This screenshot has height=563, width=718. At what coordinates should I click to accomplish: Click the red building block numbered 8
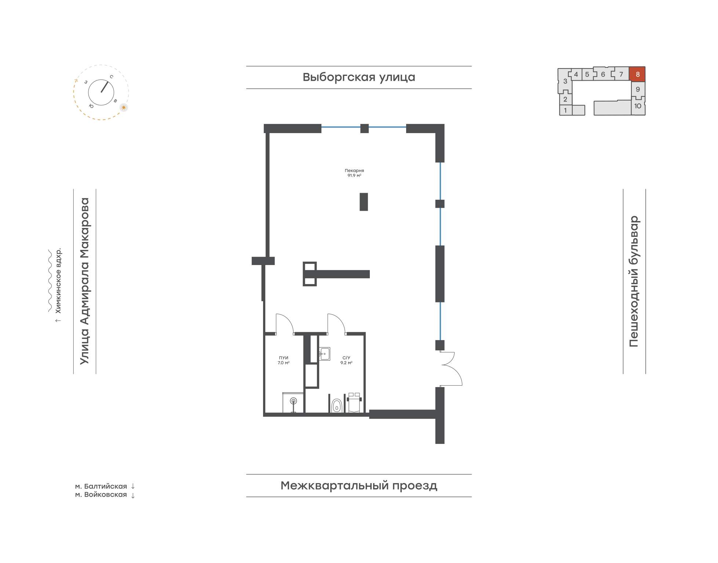click(x=637, y=74)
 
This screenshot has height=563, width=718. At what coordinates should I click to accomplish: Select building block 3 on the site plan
click(x=565, y=81)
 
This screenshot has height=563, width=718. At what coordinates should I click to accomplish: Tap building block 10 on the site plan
click(x=638, y=106)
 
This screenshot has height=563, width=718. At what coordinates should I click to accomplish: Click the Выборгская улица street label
click(x=359, y=77)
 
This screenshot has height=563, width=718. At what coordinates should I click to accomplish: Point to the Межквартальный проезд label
click(x=359, y=486)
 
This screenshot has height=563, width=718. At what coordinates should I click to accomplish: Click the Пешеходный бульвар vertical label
click(x=634, y=281)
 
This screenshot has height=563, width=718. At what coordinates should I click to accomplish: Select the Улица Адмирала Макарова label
click(x=85, y=281)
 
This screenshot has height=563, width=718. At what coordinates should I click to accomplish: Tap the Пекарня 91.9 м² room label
click(x=354, y=173)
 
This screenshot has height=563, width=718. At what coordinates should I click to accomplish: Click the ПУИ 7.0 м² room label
click(x=283, y=360)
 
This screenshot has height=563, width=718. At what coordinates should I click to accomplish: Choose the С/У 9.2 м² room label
click(x=346, y=360)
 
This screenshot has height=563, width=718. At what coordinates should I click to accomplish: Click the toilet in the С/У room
click(x=336, y=406)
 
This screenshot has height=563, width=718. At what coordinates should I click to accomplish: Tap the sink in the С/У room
click(x=324, y=354)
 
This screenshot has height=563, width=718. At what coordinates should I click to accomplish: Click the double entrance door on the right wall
click(x=451, y=368)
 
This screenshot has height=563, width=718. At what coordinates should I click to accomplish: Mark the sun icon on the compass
click(x=124, y=107)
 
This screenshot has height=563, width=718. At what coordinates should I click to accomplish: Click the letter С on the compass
click(x=111, y=77)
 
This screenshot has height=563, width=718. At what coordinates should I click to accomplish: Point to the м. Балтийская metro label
click(x=101, y=486)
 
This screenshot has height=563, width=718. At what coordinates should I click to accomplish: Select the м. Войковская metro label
click(x=101, y=495)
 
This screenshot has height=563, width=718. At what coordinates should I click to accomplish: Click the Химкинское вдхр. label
click(x=58, y=281)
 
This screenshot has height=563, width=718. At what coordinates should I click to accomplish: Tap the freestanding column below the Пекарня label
click(x=364, y=202)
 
